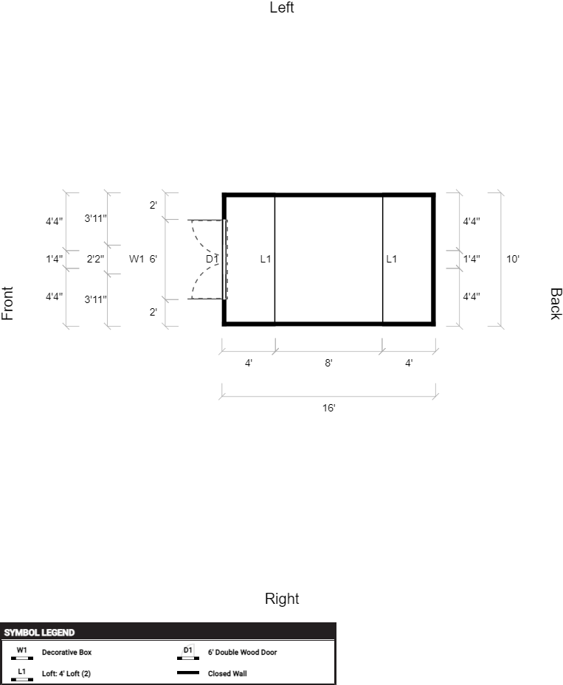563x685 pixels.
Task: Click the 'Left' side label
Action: pyautogui.click(x=282, y=7)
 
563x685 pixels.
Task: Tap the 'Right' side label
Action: pyautogui.click(x=282, y=599)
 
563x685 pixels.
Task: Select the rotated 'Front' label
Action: pyautogui.click(x=7, y=304)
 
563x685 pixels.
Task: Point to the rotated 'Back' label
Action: pyautogui.click(x=555, y=304)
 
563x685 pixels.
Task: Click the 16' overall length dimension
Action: pyautogui.click(x=328, y=408)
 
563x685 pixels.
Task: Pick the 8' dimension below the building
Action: pyautogui.click(x=328, y=363)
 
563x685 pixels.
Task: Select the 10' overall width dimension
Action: pyautogui.click(x=513, y=259)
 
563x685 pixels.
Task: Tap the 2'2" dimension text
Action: pyautogui.click(x=95, y=259)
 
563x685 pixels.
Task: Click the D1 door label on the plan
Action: pyautogui.click(x=212, y=259)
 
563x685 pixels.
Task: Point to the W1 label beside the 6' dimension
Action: pyautogui.click(x=137, y=259)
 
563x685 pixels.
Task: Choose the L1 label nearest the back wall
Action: pyautogui.click(x=392, y=259)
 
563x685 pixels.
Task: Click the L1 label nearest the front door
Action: pyautogui.click(x=266, y=259)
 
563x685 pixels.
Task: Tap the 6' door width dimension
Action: pyautogui.click(x=153, y=259)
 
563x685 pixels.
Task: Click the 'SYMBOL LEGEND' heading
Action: pyautogui.click(x=39, y=633)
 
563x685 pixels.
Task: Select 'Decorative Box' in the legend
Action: pyautogui.click(x=67, y=653)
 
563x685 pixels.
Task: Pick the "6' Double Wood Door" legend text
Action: pyautogui.click(x=243, y=653)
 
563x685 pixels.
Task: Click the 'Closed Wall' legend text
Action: pyautogui.click(x=227, y=674)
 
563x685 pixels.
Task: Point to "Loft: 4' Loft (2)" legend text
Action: pyautogui.click(x=66, y=674)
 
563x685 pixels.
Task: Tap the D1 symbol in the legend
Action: pyautogui.click(x=188, y=653)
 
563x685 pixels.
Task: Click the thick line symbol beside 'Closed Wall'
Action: pyautogui.click(x=188, y=672)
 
